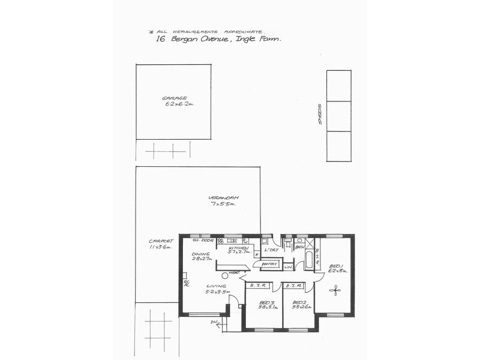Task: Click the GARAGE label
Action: tap(174, 98)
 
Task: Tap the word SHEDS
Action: tap(320, 116)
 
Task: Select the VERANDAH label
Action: tap(224, 198)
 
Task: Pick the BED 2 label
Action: tap(299, 302)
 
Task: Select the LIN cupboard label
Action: tap(288, 266)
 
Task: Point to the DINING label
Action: tap(200, 254)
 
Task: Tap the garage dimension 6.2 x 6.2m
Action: tap(179, 104)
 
